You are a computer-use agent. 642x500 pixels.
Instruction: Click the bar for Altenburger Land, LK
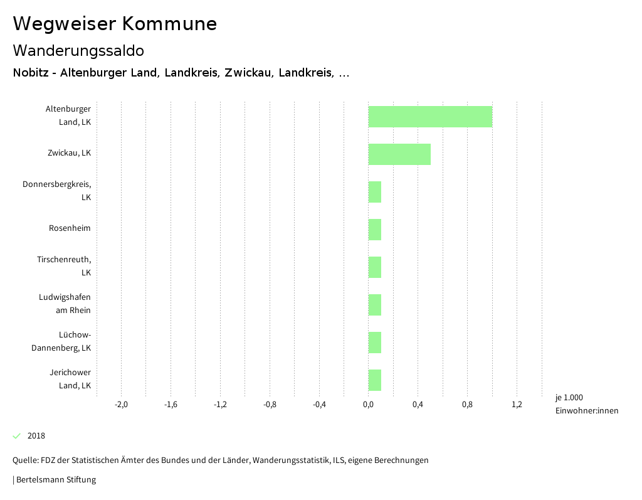[x=430, y=117]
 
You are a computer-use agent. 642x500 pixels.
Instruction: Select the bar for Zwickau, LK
[x=399, y=154]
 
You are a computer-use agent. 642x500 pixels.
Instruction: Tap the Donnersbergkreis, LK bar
[x=374, y=192]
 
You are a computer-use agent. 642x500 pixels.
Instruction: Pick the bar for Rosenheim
[x=374, y=230]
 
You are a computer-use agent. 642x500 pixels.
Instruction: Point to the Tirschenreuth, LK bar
[x=374, y=267]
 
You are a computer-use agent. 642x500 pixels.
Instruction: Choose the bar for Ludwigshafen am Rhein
[x=374, y=305]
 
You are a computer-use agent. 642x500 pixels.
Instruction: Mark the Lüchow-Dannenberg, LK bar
[x=374, y=343]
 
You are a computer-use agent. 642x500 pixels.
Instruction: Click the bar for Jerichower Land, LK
[x=374, y=380]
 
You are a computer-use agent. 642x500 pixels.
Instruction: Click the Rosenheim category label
[x=70, y=228]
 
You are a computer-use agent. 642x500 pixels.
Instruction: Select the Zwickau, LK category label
[x=69, y=152]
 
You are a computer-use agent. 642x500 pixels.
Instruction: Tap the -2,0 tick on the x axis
[x=121, y=405]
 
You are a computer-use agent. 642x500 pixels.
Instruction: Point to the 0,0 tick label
[x=368, y=405]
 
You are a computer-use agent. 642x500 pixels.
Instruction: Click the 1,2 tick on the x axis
[x=517, y=405]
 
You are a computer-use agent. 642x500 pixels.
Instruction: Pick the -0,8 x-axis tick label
[x=270, y=405]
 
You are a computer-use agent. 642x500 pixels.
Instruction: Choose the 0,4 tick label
[x=418, y=405]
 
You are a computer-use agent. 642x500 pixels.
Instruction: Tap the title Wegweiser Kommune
[x=115, y=24]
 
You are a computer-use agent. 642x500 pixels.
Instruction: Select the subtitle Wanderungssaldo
[x=78, y=50]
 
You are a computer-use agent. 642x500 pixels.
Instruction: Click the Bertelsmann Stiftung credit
[x=55, y=480]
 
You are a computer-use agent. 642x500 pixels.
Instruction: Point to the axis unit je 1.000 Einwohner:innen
[x=586, y=404]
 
